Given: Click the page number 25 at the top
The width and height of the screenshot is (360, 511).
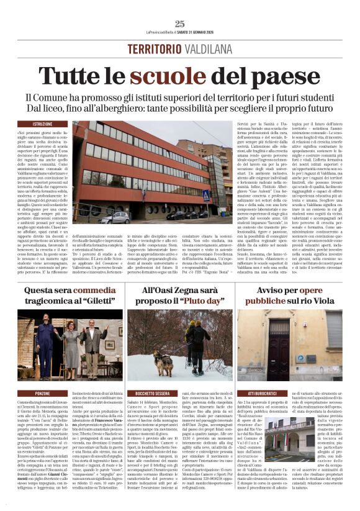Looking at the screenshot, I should (180, 24).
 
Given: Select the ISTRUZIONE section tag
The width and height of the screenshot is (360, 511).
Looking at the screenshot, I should (43, 124).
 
